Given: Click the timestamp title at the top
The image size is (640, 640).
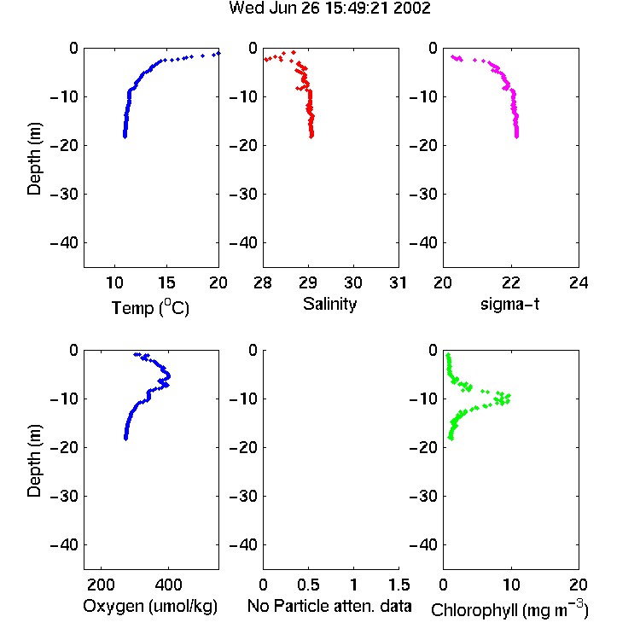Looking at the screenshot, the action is point(329,9).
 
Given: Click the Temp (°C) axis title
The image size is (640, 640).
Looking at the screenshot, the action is point(150,307).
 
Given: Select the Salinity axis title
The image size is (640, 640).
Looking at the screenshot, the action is point(329,304).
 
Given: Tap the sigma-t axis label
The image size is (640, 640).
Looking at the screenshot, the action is point(509,304).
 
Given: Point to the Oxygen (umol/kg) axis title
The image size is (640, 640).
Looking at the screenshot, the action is point(150,607).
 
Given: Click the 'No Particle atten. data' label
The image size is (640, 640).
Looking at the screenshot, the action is point(329,606).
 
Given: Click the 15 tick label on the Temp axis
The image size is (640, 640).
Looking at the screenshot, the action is point(166,282).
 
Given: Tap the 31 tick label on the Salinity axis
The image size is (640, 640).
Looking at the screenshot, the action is point(398,282).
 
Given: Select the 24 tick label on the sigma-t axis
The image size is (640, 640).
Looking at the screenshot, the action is point(579,282).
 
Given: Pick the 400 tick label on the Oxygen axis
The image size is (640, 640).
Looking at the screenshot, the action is point(168,585).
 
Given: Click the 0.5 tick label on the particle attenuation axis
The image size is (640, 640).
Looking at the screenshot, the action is point(308,585).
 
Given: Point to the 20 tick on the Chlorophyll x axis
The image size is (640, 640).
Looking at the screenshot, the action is point(579,585).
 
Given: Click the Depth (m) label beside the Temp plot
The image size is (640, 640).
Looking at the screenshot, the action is point(34,159).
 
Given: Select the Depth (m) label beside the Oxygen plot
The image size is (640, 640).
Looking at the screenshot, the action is point(34,461).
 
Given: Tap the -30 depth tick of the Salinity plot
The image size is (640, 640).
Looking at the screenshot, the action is point(244,194).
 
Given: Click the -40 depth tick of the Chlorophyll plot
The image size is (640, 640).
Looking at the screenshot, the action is point(423,544).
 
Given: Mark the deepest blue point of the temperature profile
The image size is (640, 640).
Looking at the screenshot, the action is point(125,137).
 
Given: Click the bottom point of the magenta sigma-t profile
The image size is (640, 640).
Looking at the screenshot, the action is point(517,137).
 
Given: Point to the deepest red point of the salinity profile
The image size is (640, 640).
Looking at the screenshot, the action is point(311,137).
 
